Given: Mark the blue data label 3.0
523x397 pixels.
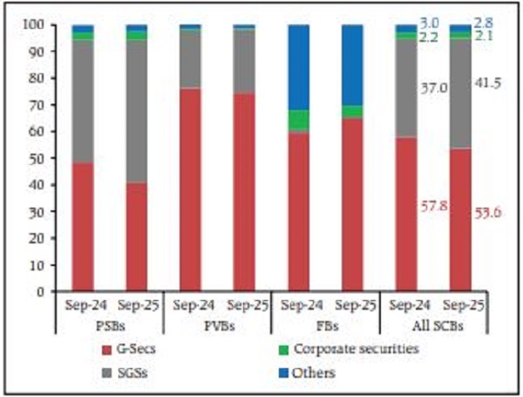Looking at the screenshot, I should point(429,22).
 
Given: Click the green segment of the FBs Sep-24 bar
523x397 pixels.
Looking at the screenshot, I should point(299,121).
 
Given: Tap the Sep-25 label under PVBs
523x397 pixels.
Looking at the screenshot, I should point(244,306).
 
